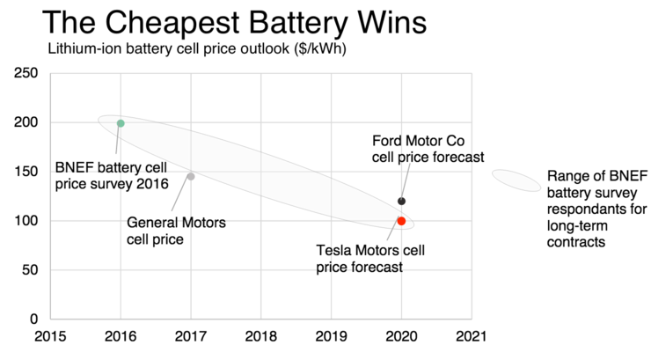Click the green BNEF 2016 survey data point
coord(121,123)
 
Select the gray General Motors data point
coord(191,177)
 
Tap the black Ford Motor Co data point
coord(401,202)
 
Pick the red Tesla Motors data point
coord(401,221)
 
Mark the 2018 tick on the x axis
coord(261,336)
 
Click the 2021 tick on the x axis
coord(472,336)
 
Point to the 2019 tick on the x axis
coord(332,336)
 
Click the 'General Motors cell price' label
coord(176,231)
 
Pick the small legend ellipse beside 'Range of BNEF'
coord(516,180)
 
